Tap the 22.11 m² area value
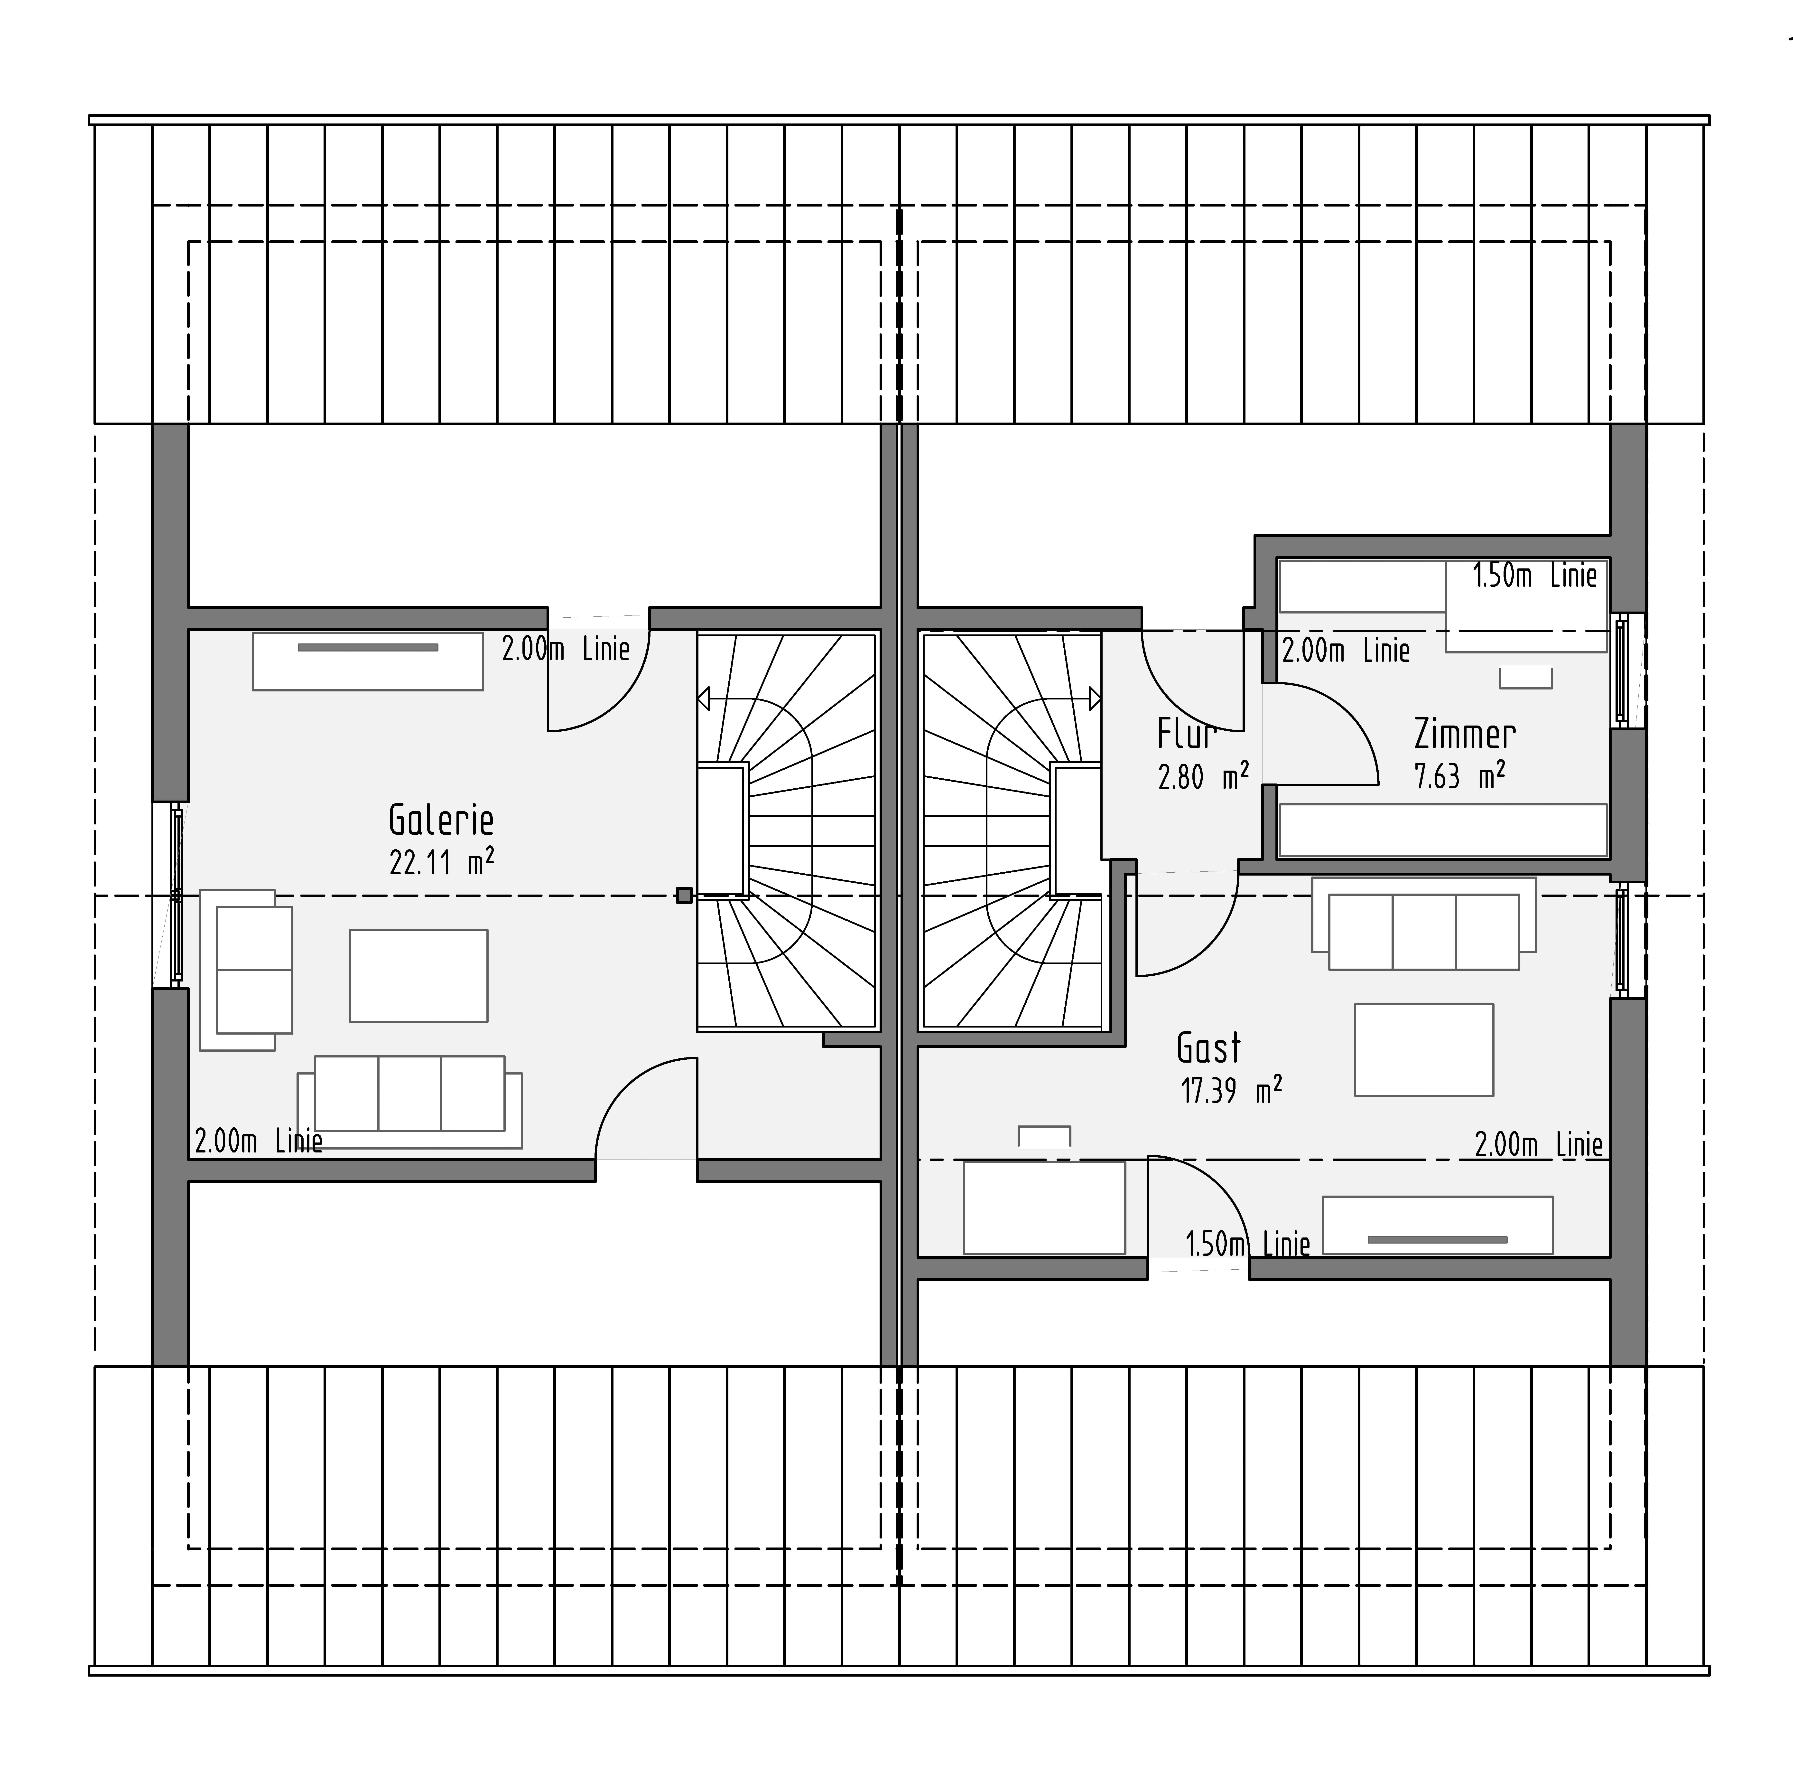[x=441, y=862]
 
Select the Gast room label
[x=1208, y=1048]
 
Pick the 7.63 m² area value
[x=1459, y=775]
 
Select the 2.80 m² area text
[x=1203, y=775]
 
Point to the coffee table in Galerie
[x=418, y=976]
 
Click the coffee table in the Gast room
[x=1424, y=1050]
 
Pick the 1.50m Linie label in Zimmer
[x=1535, y=576]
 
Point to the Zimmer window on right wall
[x=1621, y=671]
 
